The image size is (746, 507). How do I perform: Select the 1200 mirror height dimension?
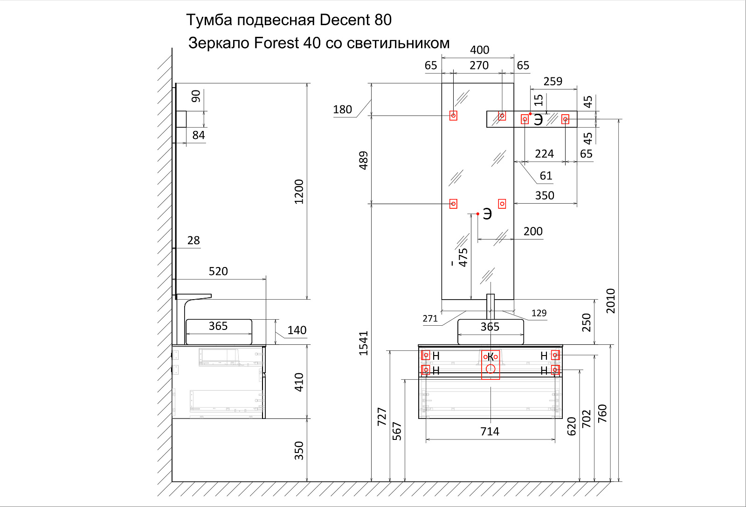299,192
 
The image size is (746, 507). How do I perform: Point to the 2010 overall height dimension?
610,301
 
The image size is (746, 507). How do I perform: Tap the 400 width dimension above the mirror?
479,50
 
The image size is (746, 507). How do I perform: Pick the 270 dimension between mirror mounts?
479,65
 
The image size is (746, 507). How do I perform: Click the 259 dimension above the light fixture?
553,81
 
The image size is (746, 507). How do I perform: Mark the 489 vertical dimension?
364,160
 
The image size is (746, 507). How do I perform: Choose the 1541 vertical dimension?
364,343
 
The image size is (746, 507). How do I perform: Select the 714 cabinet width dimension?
490,432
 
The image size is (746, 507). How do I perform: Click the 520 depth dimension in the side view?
218,271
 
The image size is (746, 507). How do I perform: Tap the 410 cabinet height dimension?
299,382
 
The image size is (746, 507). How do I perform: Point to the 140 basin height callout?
297,330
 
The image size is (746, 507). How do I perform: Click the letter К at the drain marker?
490,358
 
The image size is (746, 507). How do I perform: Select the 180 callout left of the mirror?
342,110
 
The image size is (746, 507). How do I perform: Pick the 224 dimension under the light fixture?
544,154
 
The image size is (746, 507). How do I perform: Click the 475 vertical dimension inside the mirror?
463,257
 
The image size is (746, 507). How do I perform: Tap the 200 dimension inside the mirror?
533,231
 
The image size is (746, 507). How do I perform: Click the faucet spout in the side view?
198,297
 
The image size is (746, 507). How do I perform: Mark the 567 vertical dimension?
397,431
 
